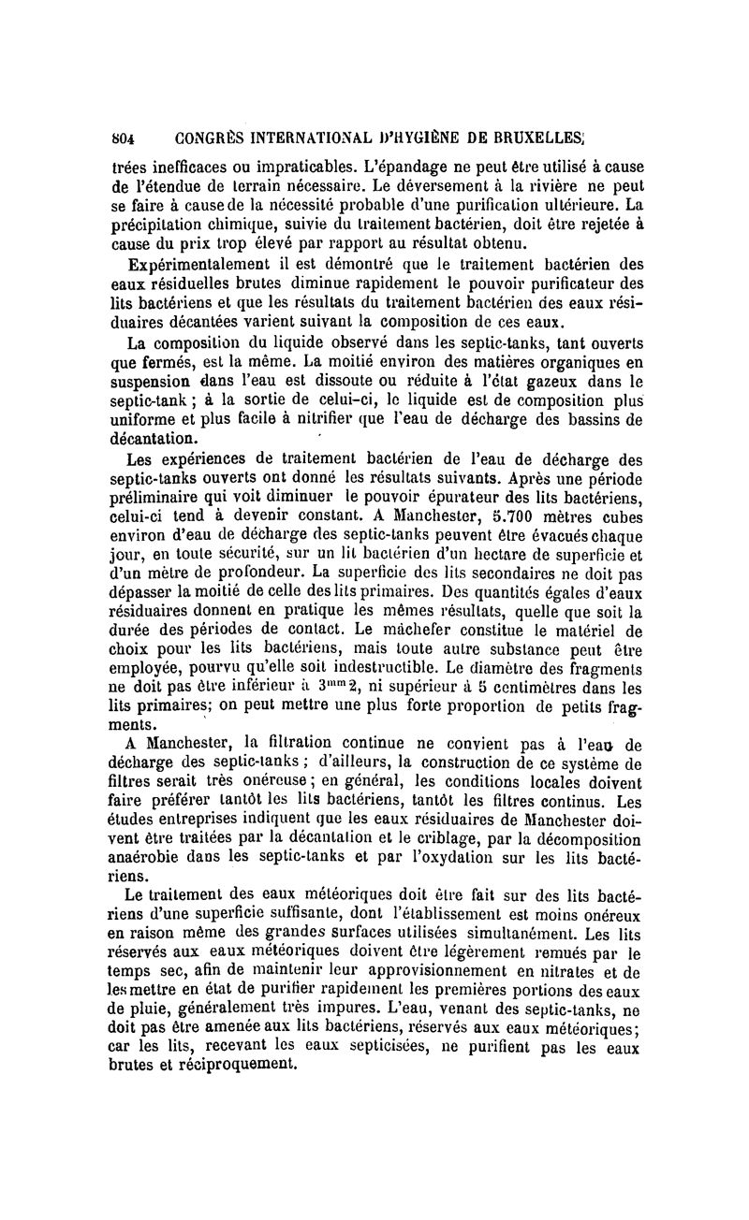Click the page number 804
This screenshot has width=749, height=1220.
[x=124, y=138]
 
